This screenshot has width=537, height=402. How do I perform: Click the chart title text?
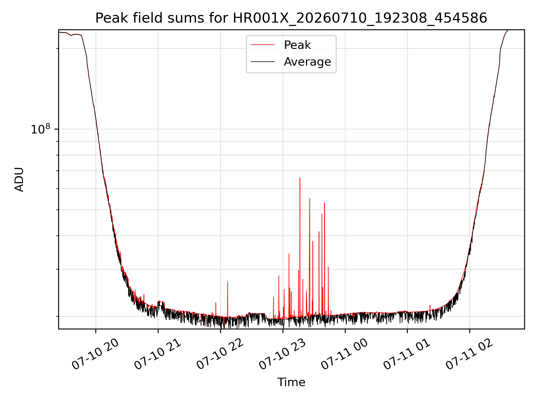(291, 18)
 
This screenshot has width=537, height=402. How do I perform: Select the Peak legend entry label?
(297, 45)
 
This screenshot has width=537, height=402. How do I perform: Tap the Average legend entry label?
(307, 62)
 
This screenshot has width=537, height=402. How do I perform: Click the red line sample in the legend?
(263, 45)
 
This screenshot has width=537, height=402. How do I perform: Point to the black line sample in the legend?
(263, 62)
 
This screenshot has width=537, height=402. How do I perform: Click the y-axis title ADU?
(19, 180)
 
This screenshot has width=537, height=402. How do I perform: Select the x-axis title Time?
(291, 382)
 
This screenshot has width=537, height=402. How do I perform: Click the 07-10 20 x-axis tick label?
(95, 354)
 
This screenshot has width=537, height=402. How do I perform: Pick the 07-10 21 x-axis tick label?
(158, 354)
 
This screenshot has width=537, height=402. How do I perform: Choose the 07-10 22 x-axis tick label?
(220, 354)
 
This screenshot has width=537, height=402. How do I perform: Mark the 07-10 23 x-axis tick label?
(282, 354)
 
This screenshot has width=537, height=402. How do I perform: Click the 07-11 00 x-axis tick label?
(345, 354)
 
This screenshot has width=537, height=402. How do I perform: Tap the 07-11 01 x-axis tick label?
(407, 354)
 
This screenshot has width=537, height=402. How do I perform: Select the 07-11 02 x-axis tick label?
(469, 354)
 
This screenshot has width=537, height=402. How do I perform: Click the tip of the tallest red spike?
(300, 178)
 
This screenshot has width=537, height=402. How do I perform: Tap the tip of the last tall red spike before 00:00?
(328, 267)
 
